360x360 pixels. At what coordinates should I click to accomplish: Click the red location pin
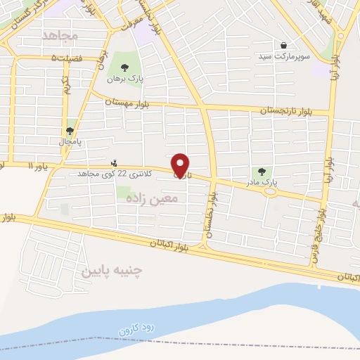click(181, 165)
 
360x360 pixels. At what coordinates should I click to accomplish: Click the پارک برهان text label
click(125, 79)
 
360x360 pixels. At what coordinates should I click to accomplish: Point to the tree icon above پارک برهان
click(125, 68)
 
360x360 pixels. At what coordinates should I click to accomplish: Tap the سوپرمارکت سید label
click(282, 56)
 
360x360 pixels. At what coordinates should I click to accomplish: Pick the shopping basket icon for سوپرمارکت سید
click(283, 44)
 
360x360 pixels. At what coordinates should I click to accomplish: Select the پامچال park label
click(70, 141)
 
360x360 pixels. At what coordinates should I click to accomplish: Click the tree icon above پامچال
click(70, 131)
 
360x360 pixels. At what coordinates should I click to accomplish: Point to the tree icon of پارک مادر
click(262, 171)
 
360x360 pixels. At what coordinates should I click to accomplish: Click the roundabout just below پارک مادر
click(269, 191)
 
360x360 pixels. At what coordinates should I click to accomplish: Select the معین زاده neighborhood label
click(153, 199)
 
